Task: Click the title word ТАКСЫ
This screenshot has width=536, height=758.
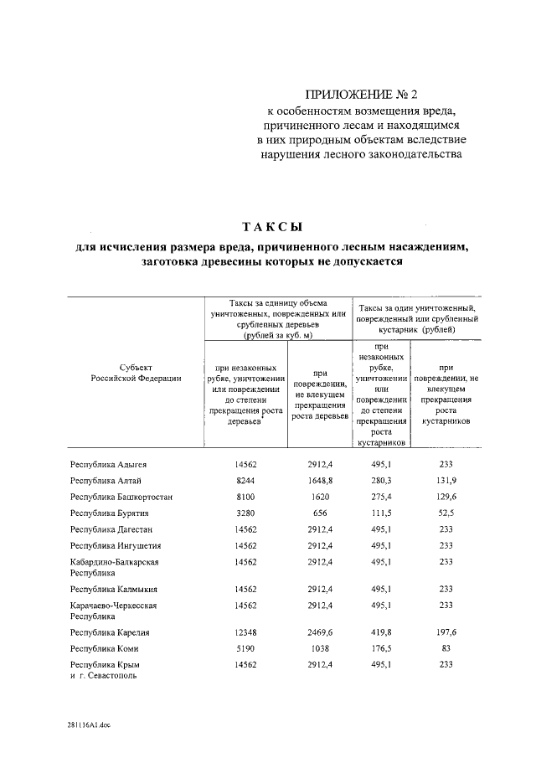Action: point(271,227)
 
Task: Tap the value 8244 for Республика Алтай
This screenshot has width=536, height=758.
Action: point(245,480)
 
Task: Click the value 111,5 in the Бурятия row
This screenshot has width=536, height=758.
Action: point(382,513)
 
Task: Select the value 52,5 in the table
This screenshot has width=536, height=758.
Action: point(446,513)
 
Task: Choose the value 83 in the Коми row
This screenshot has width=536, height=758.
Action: point(446,648)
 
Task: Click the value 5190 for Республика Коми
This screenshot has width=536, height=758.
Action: point(245,648)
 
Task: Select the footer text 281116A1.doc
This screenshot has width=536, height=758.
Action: point(89,725)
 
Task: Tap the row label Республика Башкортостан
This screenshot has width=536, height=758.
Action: point(121,497)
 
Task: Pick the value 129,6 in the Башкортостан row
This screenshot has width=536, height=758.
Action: point(446,497)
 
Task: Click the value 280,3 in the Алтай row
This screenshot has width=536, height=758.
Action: point(382,480)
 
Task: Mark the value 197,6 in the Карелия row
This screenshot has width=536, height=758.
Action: point(446,632)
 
